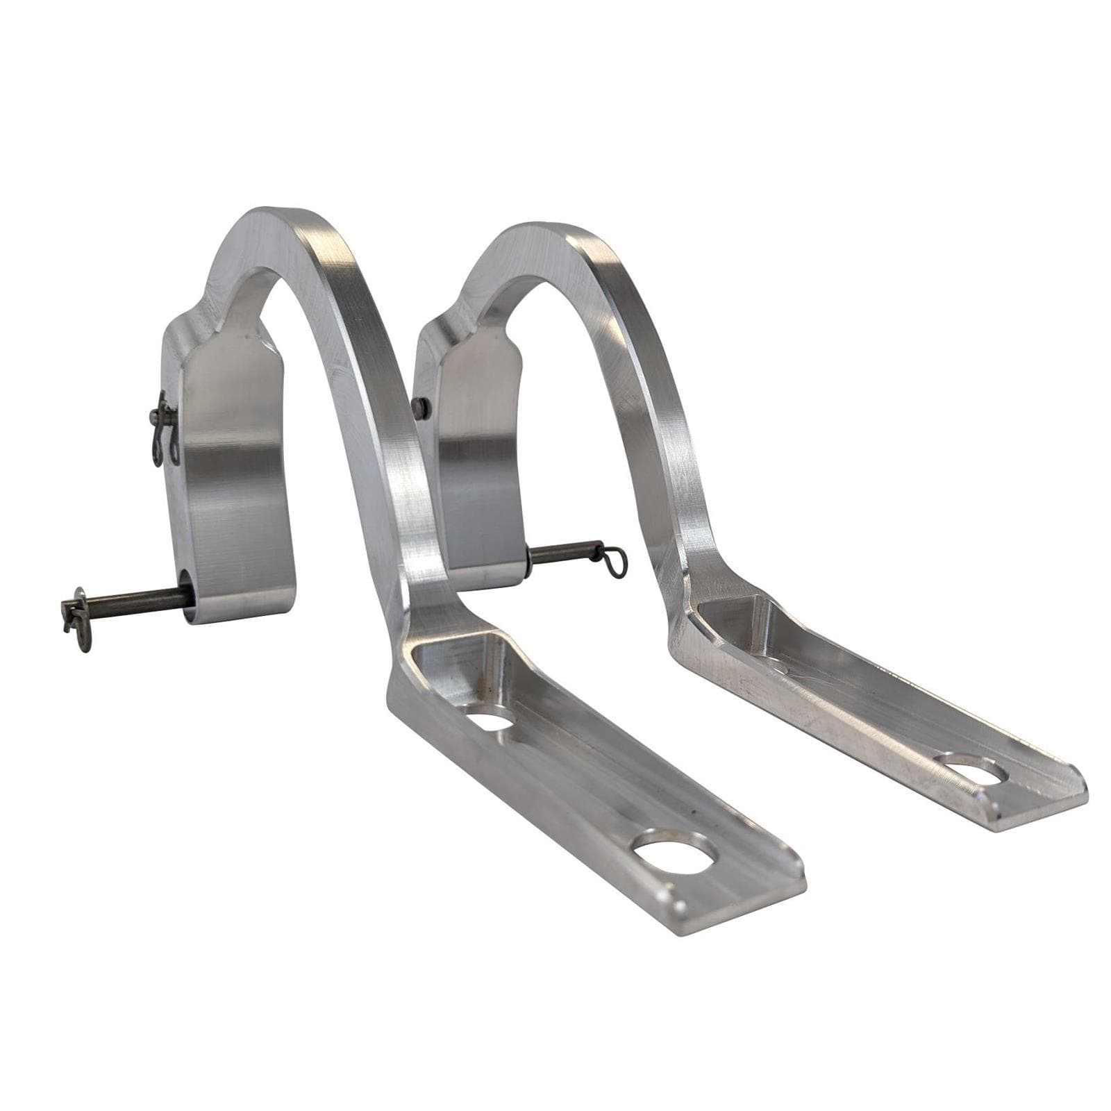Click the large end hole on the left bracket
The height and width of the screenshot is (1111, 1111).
click(674, 859)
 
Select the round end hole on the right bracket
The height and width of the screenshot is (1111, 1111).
click(974, 769)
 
